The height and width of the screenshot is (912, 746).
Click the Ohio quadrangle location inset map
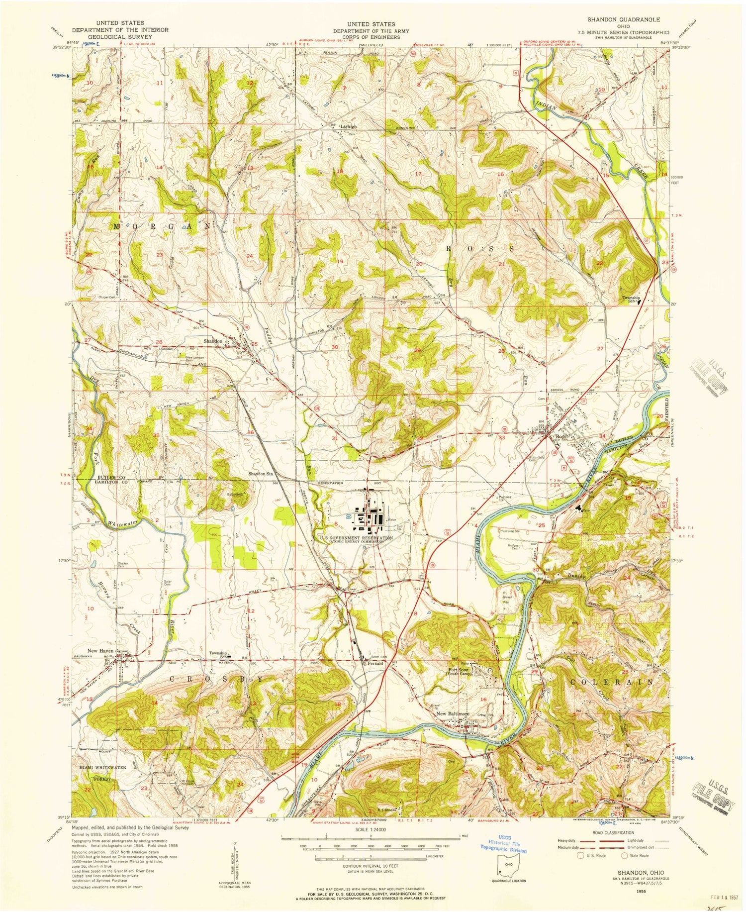click(506, 875)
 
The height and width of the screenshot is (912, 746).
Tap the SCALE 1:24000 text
click(372, 831)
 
